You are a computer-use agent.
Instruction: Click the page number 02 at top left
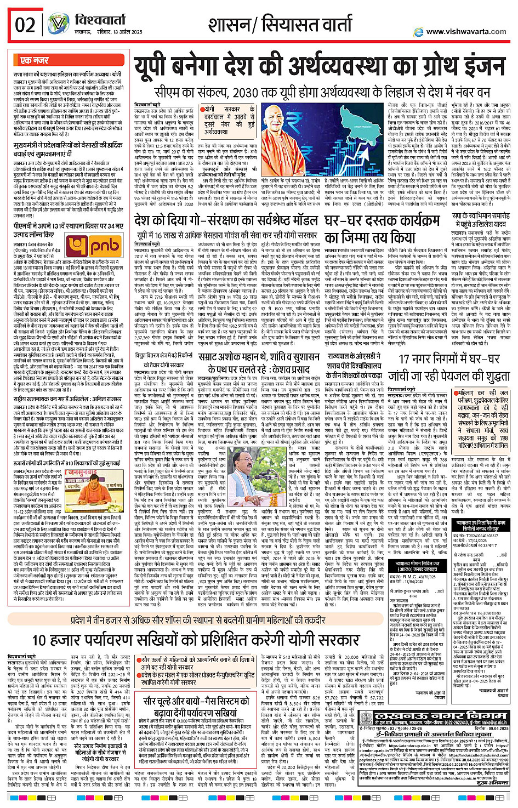click(25, 25)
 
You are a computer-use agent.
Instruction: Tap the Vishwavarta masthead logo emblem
click(58, 24)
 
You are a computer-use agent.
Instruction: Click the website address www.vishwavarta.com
click(466, 32)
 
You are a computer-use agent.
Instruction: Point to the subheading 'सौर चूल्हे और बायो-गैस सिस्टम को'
click(200, 701)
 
